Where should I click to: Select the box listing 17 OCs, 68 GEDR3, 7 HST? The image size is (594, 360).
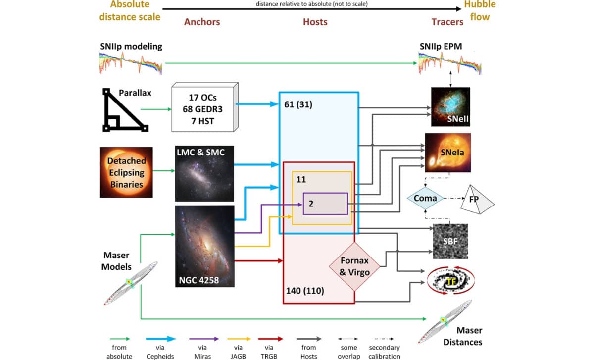click(201, 108)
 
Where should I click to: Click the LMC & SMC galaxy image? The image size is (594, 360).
click(204, 173)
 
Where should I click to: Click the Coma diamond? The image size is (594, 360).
click(425, 198)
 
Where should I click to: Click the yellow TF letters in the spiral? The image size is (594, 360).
click(450, 282)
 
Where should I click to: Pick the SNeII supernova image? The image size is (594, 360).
click(450, 106)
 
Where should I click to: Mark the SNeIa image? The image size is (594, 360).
click(450, 152)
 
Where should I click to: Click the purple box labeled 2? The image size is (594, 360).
click(325, 204)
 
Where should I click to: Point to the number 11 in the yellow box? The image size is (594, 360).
click(300, 179)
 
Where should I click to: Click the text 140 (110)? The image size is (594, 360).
click(305, 290)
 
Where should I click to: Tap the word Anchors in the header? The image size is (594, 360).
click(202, 22)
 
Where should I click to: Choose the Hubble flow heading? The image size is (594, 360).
click(480, 11)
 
